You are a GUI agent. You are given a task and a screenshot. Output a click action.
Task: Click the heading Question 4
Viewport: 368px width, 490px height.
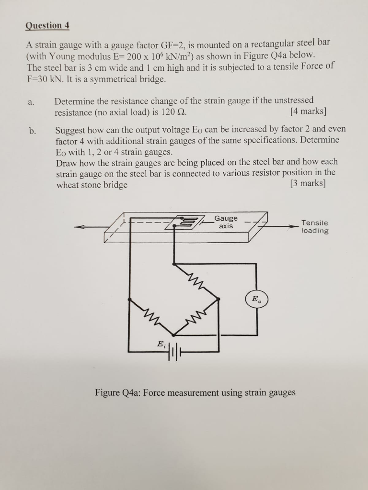(47, 25)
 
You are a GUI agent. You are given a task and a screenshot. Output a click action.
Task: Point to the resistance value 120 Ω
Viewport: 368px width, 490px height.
(172, 113)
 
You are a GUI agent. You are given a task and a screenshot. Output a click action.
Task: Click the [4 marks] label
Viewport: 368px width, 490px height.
(309, 112)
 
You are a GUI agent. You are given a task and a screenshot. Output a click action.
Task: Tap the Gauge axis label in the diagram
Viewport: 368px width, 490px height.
(226, 222)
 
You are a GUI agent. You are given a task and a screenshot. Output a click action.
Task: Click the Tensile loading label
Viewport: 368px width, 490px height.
(315, 226)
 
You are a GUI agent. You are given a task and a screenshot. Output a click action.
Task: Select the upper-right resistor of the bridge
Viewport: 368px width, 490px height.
(196, 282)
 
